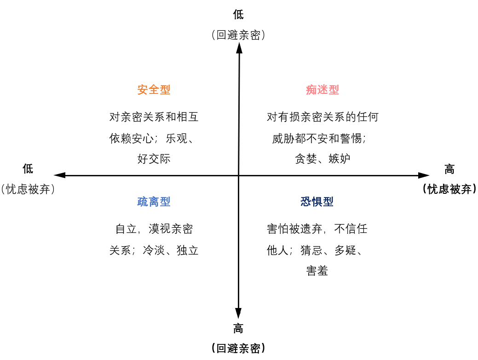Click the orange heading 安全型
point(154,90)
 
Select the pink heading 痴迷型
point(323,90)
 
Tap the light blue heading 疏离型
point(154,202)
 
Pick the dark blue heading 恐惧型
point(317,202)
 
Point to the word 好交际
point(154,159)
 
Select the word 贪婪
point(305,159)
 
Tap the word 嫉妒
point(339,159)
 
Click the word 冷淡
point(154,251)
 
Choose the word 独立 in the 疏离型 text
point(187,251)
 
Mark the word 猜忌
point(311,251)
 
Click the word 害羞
point(317,271)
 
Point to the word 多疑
point(345,251)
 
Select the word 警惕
point(351,138)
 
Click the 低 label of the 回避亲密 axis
point(238,15)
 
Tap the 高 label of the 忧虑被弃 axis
point(449,169)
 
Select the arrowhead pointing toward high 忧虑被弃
point(424,175)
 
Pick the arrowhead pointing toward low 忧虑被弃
point(59,175)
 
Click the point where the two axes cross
point(238,175)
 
